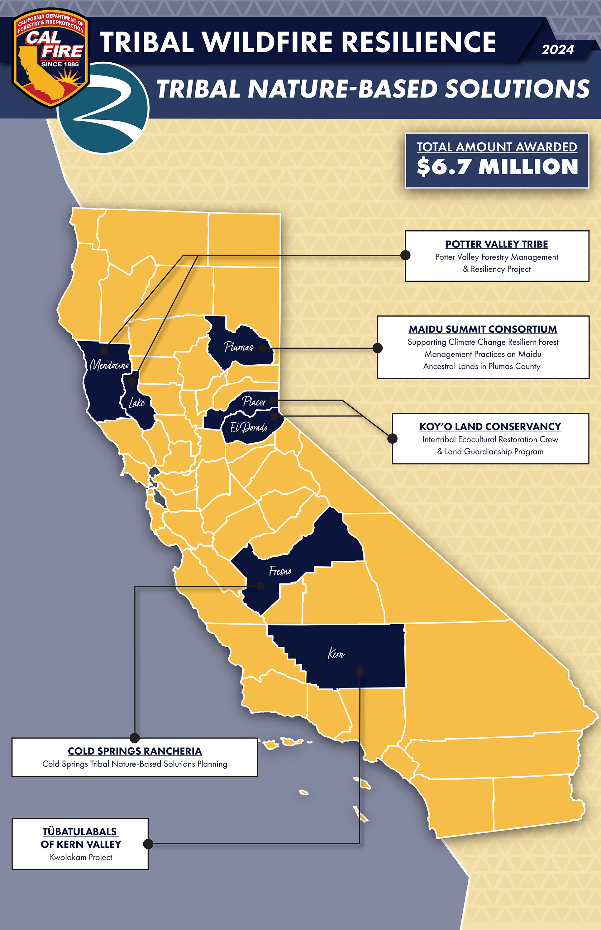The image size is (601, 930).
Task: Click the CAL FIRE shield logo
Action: pos(50,59)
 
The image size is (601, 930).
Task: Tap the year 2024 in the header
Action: pos(557,50)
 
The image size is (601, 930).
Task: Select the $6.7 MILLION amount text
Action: pos(497,167)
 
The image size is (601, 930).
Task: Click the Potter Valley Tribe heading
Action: pos(496,244)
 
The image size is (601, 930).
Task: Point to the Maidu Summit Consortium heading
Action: pos(483,329)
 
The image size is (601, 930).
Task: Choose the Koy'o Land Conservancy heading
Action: pos(490,427)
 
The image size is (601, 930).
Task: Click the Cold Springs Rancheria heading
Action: pos(135,751)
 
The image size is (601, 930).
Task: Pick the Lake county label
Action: pos(136,403)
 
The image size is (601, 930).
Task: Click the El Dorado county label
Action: pos(249,428)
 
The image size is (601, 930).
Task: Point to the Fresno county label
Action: pos(280,571)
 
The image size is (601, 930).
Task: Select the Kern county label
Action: pos(336,654)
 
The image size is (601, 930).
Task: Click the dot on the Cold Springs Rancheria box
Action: pos(134,738)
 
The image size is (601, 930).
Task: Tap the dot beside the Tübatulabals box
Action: pos(148,844)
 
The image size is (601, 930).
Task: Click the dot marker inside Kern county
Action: pos(360,671)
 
